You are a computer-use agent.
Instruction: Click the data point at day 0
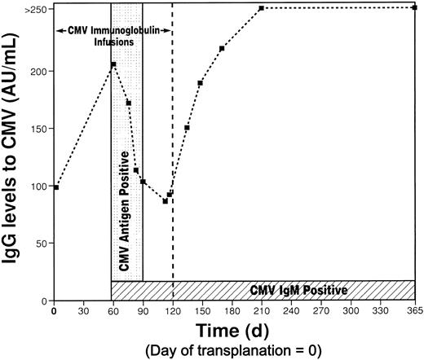click(55, 187)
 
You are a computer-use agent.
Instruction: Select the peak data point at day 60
click(113, 64)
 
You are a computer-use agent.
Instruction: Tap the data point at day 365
click(415, 8)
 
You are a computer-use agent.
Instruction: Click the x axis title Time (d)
click(235, 330)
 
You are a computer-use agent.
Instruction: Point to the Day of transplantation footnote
click(235, 350)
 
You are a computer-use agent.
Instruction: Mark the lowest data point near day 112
click(165, 200)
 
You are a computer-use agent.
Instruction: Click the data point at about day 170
click(222, 49)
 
